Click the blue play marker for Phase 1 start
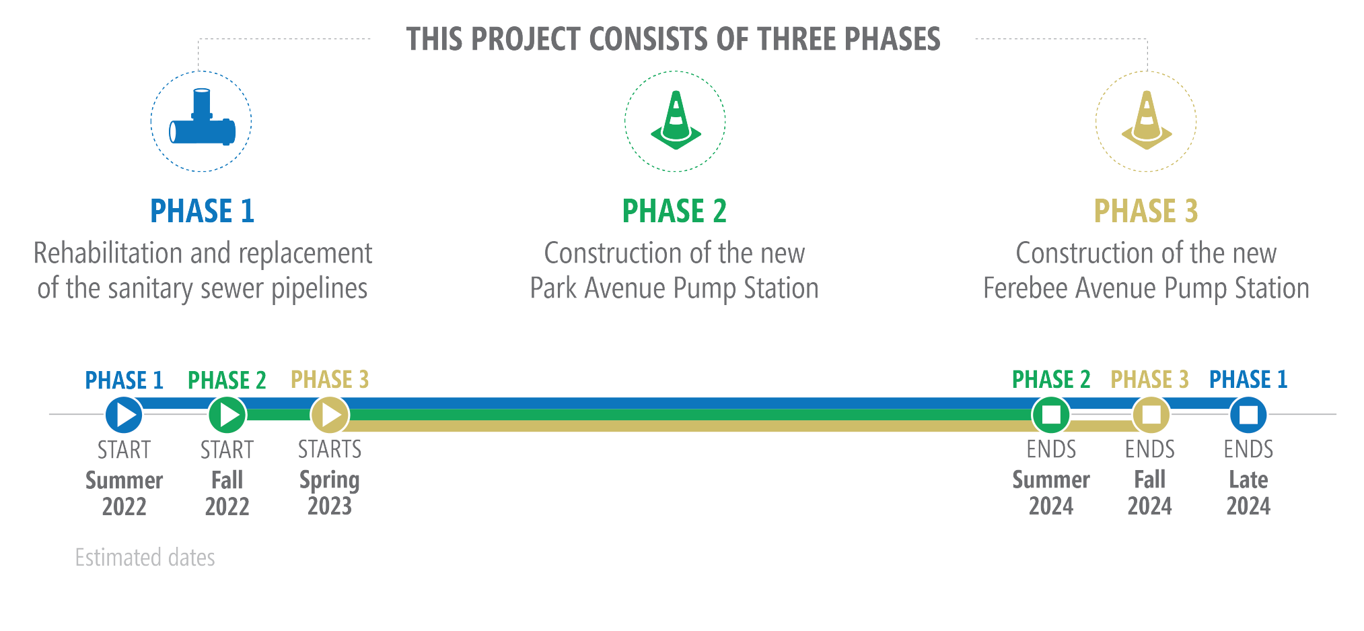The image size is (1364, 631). coord(124,414)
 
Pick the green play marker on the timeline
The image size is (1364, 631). coord(227,414)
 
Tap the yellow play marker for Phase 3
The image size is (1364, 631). coord(330,414)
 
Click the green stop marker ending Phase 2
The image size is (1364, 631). coord(1051,414)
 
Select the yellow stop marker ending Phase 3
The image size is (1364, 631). coord(1151,414)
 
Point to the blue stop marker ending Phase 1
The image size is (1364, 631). coord(1249,414)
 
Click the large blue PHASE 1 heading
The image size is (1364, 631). coord(203,211)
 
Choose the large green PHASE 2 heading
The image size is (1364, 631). coord(674,211)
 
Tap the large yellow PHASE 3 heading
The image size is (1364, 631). coord(1146,211)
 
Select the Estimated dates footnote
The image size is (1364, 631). coord(145,558)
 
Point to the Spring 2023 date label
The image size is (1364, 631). coord(330,493)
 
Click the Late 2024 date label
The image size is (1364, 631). coord(1248,493)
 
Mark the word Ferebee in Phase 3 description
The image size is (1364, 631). coord(1026,288)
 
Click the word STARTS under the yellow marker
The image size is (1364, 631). coord(330,449)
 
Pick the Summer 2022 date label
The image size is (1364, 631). coord(124,493)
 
